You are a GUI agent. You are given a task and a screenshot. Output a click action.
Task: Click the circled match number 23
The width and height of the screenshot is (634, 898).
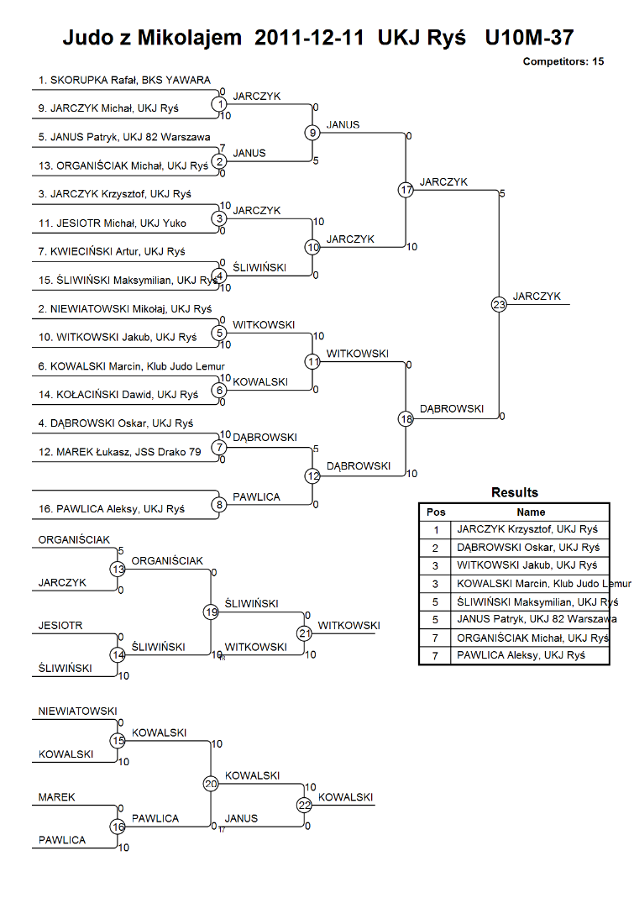pos(499,304)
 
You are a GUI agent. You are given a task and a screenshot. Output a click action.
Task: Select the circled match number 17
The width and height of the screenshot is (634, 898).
pos(406,190)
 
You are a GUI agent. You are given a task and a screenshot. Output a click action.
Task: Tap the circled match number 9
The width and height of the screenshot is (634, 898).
pos(312,133)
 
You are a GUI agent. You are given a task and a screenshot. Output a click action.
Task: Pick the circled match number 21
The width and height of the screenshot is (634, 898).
pos(304,633)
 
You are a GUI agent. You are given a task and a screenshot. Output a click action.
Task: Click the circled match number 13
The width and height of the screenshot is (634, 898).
pos(118,570)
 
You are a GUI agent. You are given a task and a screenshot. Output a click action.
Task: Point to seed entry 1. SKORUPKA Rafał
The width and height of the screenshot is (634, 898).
pos(124,80)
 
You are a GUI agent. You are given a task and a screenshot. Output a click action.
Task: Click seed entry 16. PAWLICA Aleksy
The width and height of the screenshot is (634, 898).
pos(112,508)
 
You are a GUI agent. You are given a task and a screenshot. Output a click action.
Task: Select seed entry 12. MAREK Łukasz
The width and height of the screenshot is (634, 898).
pos(120,452)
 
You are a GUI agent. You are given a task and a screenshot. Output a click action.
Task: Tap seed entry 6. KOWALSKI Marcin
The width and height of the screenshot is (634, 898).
pos(131,366)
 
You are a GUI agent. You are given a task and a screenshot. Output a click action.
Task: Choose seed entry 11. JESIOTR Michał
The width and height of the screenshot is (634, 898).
pos(113,223)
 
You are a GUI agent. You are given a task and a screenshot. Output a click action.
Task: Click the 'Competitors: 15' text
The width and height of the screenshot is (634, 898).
pos(563,61)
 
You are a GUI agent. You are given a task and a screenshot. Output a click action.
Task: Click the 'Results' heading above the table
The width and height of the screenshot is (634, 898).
pos(514,492)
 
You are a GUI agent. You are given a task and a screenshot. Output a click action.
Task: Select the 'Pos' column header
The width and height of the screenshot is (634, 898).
pos(436,512)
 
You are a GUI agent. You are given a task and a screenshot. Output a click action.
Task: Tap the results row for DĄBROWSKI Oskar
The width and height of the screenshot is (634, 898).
pos(514,548)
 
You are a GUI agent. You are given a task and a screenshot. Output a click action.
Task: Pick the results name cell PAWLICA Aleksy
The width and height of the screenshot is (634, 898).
pos(521,655)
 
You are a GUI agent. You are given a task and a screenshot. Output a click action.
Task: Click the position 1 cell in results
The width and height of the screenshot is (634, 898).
pos(435,530)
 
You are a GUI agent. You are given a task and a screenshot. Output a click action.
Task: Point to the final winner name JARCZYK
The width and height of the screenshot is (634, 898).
pos(537,296)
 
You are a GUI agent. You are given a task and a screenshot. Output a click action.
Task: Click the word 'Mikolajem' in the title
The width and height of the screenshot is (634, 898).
pos(190,38)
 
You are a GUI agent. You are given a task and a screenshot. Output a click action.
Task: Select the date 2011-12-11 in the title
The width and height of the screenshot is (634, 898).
pos(309,38)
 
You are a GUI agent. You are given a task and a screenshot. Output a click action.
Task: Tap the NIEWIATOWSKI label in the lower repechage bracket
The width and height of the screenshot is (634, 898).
pos(77,712)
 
